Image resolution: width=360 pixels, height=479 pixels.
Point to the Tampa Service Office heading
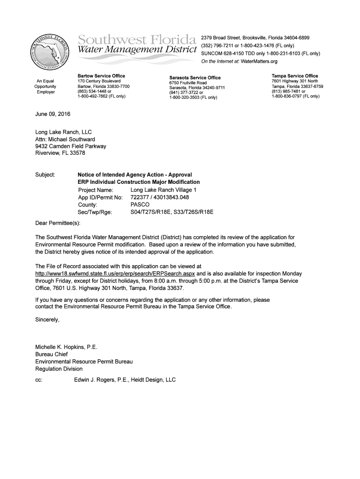(295, 76)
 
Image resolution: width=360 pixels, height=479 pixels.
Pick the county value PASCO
(140, 205)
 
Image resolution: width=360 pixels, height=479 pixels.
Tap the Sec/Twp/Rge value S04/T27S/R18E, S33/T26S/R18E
(172, 212)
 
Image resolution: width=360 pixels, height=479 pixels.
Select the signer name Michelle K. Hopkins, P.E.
(66, 347)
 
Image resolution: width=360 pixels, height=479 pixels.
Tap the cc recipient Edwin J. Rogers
(96, 380)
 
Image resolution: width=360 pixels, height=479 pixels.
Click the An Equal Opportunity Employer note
(46, 87)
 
